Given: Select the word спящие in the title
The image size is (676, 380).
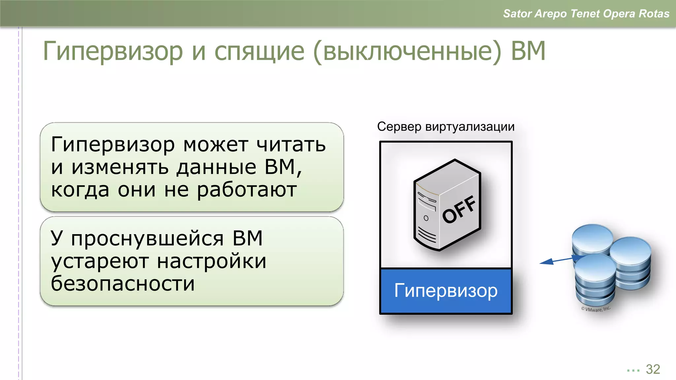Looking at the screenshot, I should pyautogui.click(x=259, y=51).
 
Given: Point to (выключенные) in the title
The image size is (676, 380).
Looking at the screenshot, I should pyautogui.click(x=407, y=51).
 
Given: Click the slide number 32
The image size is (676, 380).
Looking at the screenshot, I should pyautogui.click(x=653, y=369).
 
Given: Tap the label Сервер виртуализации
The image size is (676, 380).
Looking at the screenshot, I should pyautogui.click(x=446, y=127).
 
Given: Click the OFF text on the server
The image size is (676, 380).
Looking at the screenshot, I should pyautogui.click(x=459, y=209).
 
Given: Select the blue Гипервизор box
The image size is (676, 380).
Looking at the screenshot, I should pyautogui.click(x=446, y=291).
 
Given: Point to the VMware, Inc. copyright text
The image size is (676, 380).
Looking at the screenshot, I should pyautogui.click(x=596, y=309).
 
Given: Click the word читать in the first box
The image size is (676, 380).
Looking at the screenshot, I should pyautogui.click(x=291, y=145).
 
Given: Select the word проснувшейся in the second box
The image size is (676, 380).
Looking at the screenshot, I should pyautogui.click(x=147, y=238).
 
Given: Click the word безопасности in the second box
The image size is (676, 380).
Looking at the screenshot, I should pyautogui.click(x=123, y=283).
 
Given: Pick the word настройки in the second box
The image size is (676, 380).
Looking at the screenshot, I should pyautogui.click(x=212, y=261).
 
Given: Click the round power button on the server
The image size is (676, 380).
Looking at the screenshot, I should pyautogui.click(x=426, y=218).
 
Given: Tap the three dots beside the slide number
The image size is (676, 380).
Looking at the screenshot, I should pyautogui.click(x=633, y=370).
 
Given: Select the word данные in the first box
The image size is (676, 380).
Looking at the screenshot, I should pyautogui.click(x=217, y=167).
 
